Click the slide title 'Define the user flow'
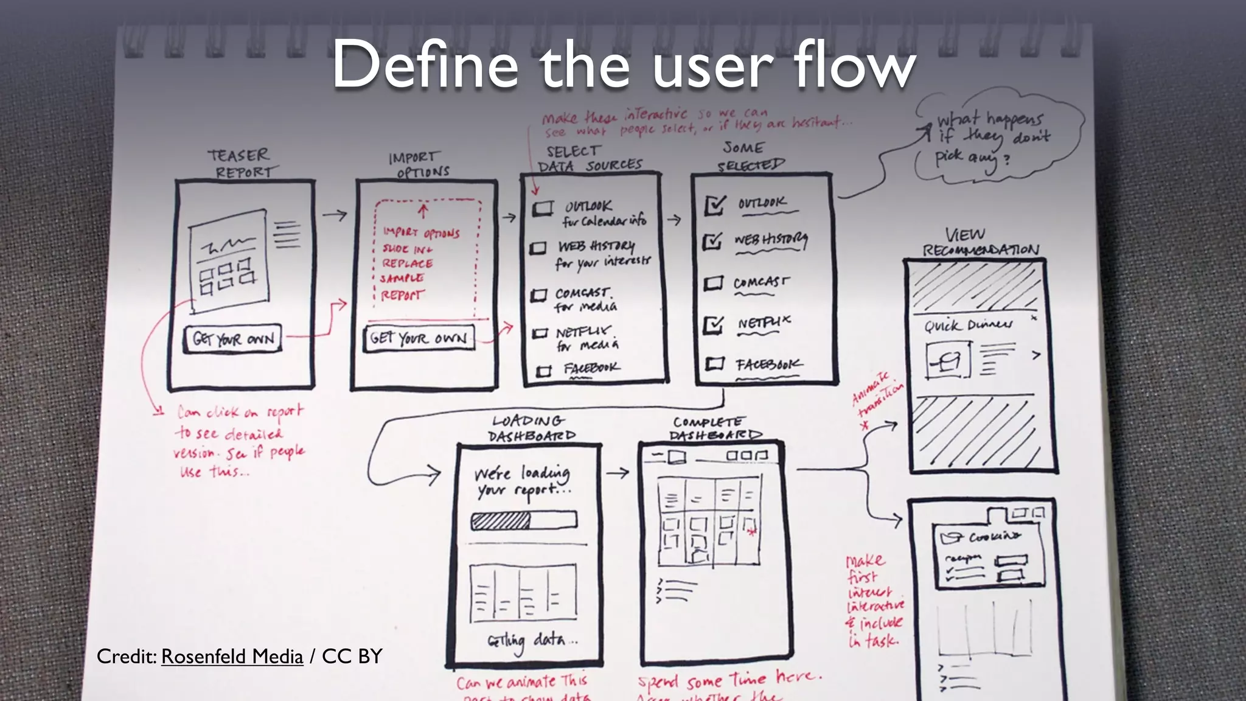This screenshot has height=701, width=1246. click(x=623, y=65)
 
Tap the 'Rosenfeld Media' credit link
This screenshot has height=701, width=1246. click(x=232, y=657)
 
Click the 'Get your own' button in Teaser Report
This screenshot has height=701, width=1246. click(x=233, y=338)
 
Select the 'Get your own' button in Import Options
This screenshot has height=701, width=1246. click(x=419, y=338)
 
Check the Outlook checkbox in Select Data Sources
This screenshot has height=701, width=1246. click(x=542, y=209)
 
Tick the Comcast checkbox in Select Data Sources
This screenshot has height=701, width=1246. click(x=538, y=296)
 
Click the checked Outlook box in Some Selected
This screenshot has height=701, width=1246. click(x=715, y=205)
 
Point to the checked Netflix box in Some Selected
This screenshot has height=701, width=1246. click(x=713, y=325)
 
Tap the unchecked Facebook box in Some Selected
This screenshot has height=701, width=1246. click(x=714, y=364)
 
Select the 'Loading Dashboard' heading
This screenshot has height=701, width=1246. click(x=531, y=428)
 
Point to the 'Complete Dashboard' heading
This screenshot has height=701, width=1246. click(x=713, y=428)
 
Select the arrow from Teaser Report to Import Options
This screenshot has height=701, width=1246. click(x=334, y=215)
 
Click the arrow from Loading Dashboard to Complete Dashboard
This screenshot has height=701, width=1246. click(x=617, y=473)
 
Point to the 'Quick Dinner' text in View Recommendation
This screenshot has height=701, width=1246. click(x=968, y=326)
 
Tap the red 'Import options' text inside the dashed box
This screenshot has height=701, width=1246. click(x=421, y=233)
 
